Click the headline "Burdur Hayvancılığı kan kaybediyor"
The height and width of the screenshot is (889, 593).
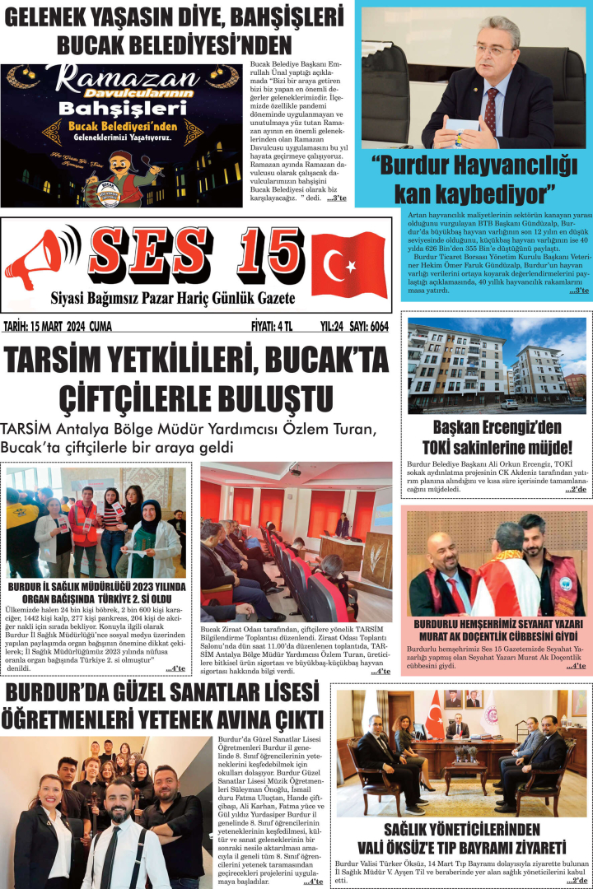tap(474, 179)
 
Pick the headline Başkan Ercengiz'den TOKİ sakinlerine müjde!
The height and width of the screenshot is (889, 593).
tap(496, 438)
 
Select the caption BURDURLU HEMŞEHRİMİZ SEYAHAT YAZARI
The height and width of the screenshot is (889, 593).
tap(496, 625)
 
